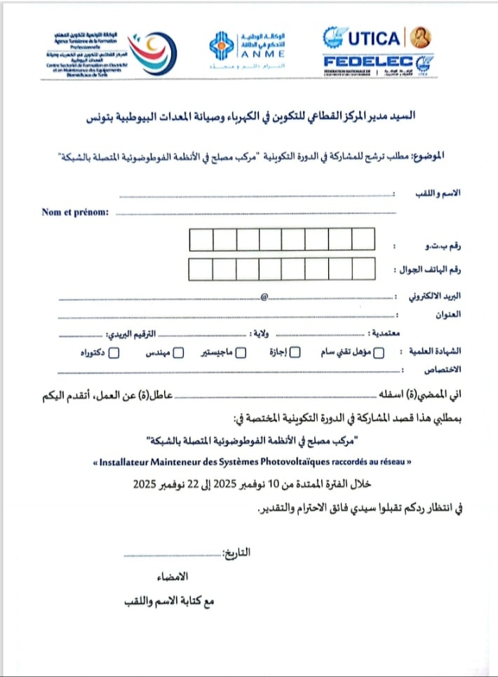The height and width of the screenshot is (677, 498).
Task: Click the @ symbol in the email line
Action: pyautogui.click(x=264, y=297)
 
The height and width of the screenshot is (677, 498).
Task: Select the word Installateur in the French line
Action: pyautogui.click(x=130, y=463)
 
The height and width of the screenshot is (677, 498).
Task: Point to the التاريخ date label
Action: pyautogui.click(x=237, y=552)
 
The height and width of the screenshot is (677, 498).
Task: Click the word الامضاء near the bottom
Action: pyautogui.click(x=175, y=578)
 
